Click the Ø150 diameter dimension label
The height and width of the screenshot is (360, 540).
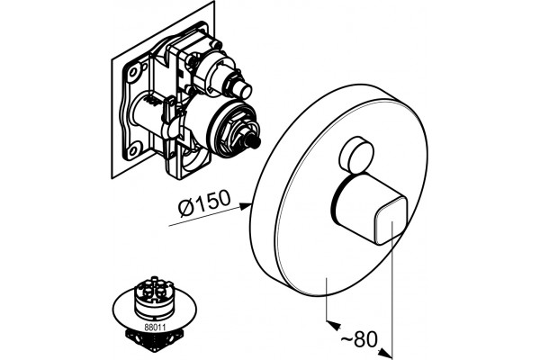tap(204, 203)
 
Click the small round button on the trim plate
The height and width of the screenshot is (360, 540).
tap(355, 155)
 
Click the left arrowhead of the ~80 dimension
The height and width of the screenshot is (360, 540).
tap(332, 324)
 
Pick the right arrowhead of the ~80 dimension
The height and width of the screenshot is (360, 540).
tap(386, 352)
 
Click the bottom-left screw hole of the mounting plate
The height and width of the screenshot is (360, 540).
tap(132, 149)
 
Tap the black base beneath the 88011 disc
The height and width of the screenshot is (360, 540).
tap(155, 340)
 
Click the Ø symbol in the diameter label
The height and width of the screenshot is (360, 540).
tap(186, 208)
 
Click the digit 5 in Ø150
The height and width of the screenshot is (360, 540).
tap(211, 202)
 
